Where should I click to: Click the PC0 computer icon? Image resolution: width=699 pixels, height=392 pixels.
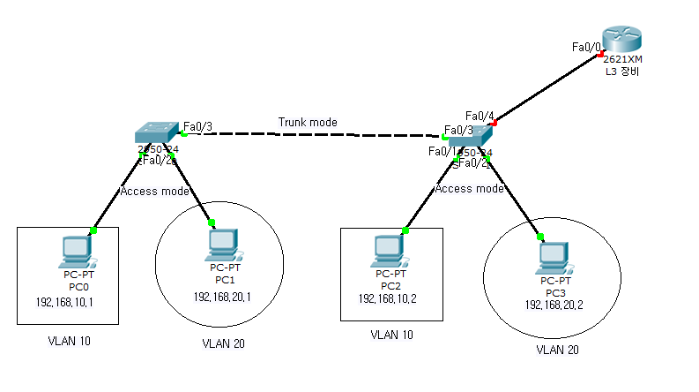tap(74, 252)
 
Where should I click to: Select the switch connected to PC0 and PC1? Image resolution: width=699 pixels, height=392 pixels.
tap(157, 133)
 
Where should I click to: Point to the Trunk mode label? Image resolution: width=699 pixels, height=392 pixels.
tap(308, 122)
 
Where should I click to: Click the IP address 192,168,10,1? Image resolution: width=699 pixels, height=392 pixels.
tap(65, 302)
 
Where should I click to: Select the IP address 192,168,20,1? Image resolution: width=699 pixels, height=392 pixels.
tap(222, 296)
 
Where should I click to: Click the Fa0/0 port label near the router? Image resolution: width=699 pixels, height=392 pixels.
tap(585, 46)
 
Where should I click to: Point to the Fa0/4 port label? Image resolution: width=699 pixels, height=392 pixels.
tap(479, 116)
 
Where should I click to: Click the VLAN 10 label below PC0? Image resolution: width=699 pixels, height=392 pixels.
tap(69, 341)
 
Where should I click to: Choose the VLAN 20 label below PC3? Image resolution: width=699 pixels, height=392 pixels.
tap(558, 350)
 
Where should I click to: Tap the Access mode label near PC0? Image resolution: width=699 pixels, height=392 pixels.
tap(155, 190)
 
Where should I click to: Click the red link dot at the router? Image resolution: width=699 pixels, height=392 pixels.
tap(599, 55)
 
